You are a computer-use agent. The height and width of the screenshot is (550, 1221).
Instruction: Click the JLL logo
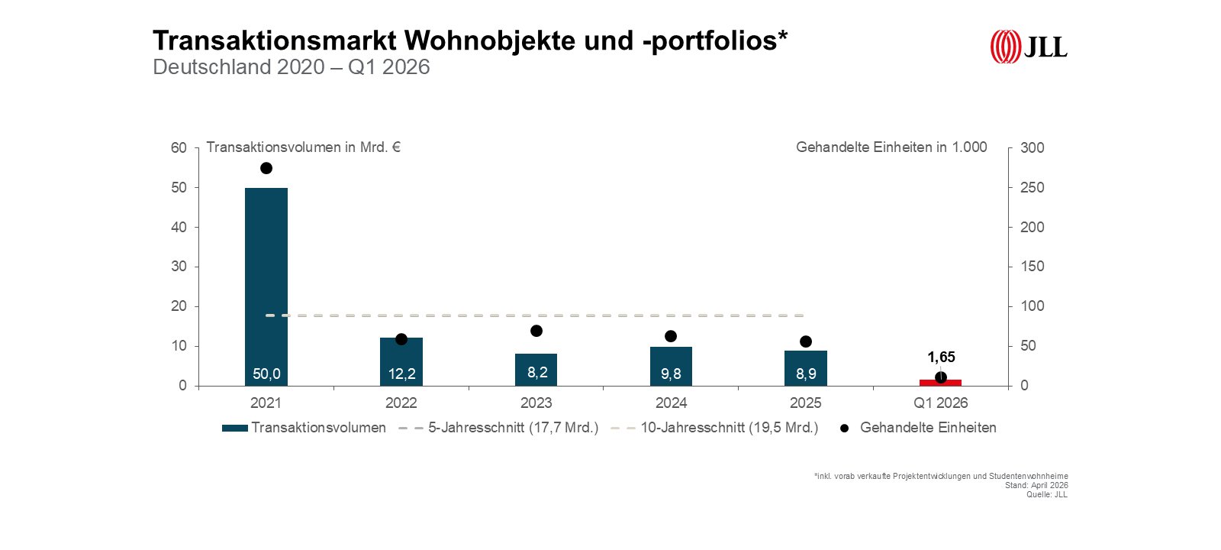[x=1028, y=47]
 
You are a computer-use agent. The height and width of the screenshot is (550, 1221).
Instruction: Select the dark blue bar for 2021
[x=266, y=283]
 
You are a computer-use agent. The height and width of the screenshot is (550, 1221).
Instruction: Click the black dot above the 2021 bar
[x=266, y=168]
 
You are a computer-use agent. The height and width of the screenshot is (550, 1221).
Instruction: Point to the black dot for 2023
[x=536, y=331]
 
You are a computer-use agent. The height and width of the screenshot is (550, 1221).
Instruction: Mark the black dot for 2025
[x=806, y=341]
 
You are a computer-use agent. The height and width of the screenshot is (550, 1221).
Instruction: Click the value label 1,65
[x=941, y=357]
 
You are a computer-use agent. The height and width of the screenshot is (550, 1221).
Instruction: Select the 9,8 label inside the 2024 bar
[x=671, y=374]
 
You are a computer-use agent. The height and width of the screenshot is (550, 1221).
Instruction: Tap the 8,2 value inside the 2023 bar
[x=537, y=372]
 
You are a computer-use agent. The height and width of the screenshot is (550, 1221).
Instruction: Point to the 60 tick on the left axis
[x=179, y=147]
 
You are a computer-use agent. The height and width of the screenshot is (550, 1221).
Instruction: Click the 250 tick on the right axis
[x=1033, y=187]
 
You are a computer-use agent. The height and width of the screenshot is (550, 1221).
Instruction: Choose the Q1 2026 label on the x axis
[x=940, y=403]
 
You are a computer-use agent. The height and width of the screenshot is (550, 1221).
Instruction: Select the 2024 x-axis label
[x=671, y=403]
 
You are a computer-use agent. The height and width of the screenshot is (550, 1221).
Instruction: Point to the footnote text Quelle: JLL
[x=1046, y=494]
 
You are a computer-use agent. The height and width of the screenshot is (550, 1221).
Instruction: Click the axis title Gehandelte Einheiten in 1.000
[x=891, y=147]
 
